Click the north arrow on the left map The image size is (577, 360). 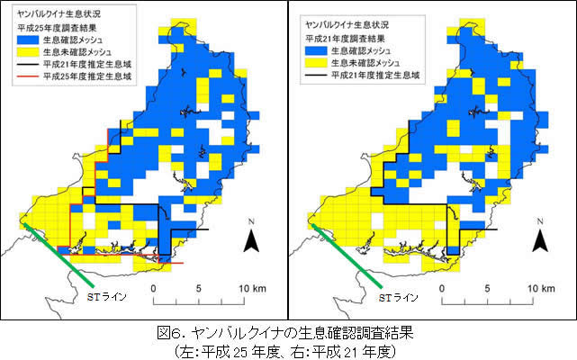pos(253,239)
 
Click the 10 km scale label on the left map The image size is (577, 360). pos(251,288)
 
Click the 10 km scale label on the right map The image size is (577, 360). pos(539,288)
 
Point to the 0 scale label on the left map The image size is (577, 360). pos(154,288)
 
